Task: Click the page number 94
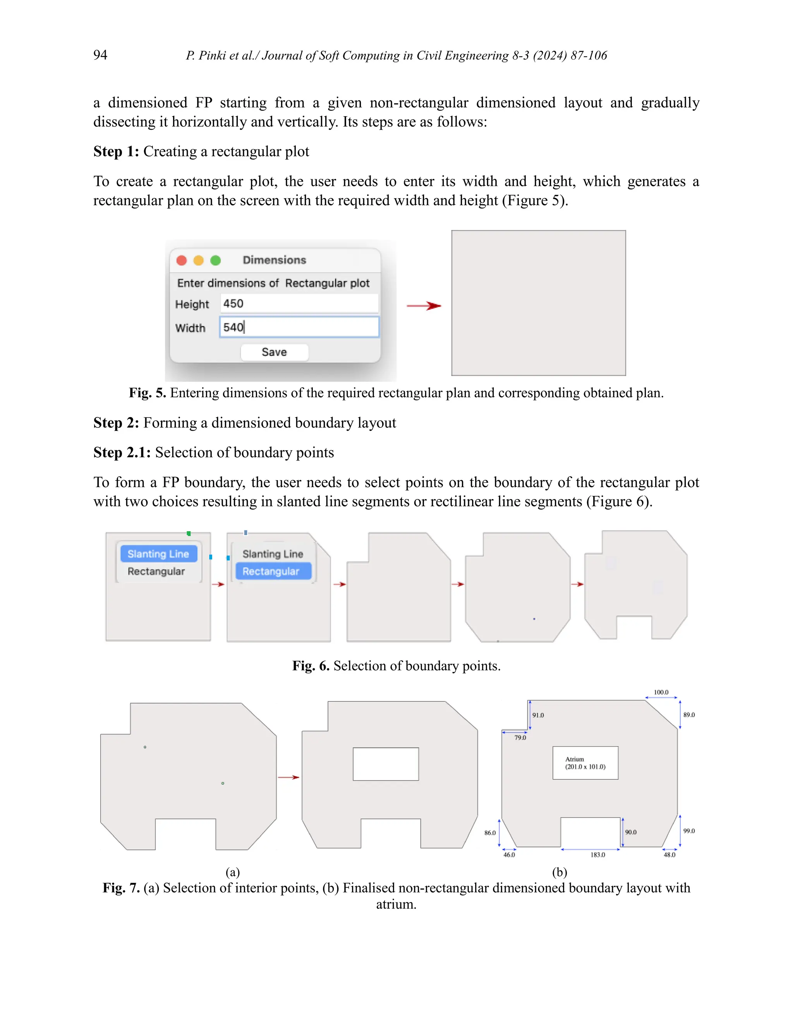pyautogui.click(x=100, y=55)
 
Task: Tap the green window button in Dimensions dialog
pyautogui.click(x=216, y=260)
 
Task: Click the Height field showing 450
pyautogui.click(x=299, y=304)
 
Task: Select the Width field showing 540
pyautogui.click(x=299, y=327)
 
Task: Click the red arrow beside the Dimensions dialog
pyautogui.click(x=423, y=306)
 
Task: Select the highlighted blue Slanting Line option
pyautogui.click(x=158, y=554)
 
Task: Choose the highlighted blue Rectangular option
pyautogui.click(x=271, y=571)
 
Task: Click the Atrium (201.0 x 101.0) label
pyautogui.click(x=585, y=763)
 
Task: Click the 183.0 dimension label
pyautogui.click(x=597, y=855)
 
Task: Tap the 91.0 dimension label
pyautogui.click(x=538, y=715)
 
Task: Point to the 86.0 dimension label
pyautogui.click(x=490, y=833)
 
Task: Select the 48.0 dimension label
pyautogui.click(x=669, y=855)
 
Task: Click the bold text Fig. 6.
pyautogui.click(x=311, y=666)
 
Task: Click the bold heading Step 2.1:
pyautogui.click(x=122, y=452)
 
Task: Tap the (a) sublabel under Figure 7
pyautogui.click(x=233, y=872)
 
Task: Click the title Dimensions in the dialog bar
pyautogui.click(x=275, y=260)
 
